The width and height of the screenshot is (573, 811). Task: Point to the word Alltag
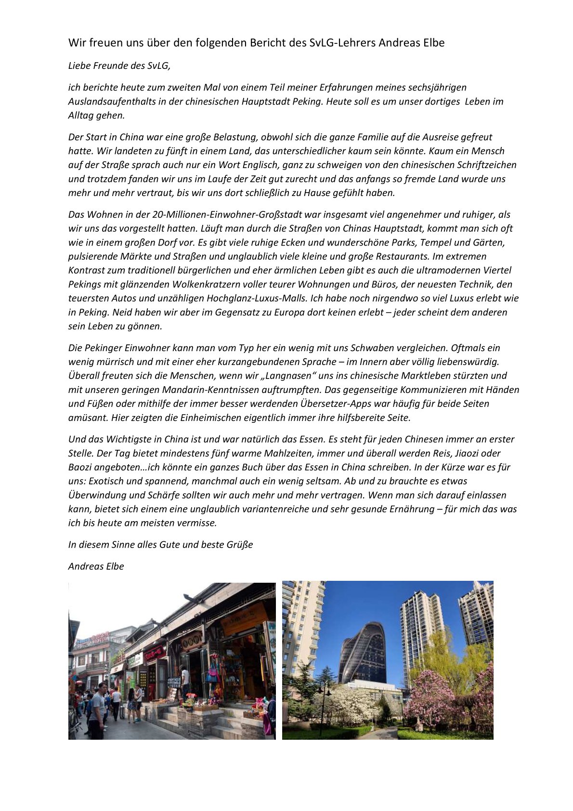[82, 116]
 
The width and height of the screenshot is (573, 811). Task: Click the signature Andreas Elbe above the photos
[96, 566]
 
